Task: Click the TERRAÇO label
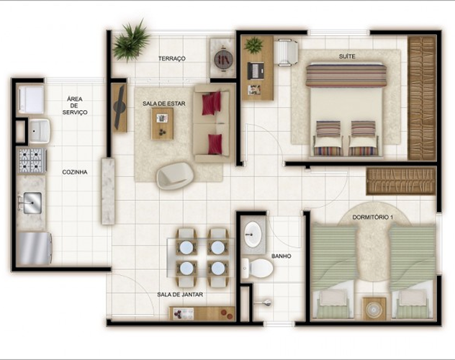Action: point(172,58)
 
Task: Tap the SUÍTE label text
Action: point(347,57)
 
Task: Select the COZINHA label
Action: point(75,172)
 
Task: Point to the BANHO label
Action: point(281,256)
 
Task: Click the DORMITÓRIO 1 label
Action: point(373,217)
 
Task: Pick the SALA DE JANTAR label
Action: point(180,294)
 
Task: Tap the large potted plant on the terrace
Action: point(131,41)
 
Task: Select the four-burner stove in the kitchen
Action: point(32,161)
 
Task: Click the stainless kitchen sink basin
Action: point(32,203)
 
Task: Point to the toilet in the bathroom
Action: point(258,269)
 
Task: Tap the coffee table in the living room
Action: point(162,124)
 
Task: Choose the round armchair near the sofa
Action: point(175,176)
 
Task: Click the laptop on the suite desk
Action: point(256,71)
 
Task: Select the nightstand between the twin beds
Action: point(374,309)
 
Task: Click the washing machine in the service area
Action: point(31,99)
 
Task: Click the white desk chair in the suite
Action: point(287,53)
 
